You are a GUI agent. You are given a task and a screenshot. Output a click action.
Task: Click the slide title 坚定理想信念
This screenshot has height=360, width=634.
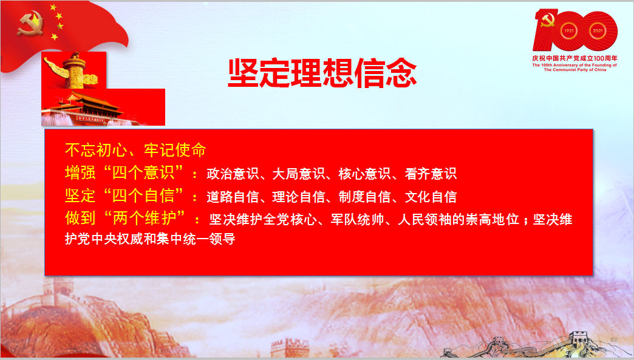322,73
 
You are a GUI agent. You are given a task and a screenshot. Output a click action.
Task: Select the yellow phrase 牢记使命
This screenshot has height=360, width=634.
175,150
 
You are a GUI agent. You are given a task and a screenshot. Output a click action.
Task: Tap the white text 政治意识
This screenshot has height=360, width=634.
233,174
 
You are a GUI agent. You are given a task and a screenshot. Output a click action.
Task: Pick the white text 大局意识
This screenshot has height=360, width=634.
299,174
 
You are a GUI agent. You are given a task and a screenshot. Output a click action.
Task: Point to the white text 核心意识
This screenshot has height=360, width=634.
365,174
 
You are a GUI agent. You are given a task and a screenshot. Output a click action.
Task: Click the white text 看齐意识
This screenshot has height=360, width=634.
431,174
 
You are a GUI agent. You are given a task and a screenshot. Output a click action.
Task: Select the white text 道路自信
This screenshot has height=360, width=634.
233,197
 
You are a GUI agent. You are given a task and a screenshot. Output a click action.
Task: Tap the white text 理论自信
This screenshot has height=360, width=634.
299,197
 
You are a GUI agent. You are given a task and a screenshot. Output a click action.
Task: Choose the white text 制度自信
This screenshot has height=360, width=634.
365,197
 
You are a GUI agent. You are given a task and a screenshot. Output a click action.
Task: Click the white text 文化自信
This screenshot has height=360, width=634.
431,197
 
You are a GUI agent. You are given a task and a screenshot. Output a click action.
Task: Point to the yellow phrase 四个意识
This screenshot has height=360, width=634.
143,173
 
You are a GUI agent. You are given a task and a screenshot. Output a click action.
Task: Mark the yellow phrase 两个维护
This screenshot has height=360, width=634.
145,218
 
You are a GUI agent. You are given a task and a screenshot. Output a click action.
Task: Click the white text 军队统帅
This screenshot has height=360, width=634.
358,219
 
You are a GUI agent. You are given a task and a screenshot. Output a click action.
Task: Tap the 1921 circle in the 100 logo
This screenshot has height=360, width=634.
569,31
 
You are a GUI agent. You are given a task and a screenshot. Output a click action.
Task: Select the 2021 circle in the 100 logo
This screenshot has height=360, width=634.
598,31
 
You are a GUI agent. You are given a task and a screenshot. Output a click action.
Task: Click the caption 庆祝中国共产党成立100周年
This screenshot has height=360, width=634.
574,58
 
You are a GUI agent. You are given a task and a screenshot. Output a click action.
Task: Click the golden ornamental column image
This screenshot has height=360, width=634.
73,70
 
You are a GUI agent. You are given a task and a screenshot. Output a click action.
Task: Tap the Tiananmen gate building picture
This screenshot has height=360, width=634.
103,107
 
